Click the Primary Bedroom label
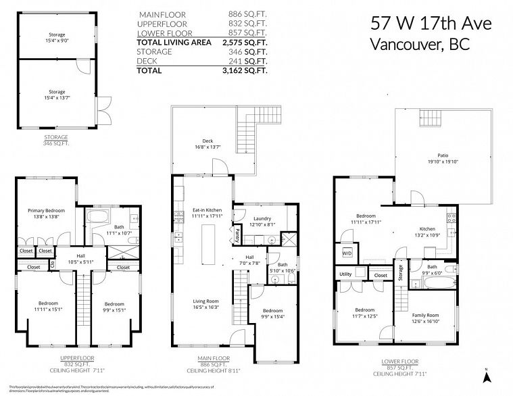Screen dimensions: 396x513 [x=45, y=214]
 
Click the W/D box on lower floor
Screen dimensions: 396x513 [x=347, y=253]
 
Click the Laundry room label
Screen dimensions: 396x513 [x=262, y=222]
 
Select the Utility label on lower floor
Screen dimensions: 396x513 [x=345, y=274]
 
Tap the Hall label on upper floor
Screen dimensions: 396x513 [x=80, y=259]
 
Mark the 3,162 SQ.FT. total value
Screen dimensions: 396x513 [x=249, y=70]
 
